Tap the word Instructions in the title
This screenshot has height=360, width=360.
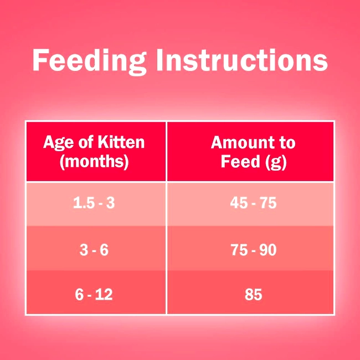[x=242, y=60]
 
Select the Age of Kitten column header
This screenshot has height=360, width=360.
[x=96, y=152]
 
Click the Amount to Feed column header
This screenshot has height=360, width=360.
[x=250, y=152]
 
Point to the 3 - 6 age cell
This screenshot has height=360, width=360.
[x=96, y=248]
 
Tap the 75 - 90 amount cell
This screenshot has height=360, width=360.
[x=250, y=248]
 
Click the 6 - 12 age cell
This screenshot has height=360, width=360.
[x=96, y=292]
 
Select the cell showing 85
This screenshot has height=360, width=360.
[x=250, y=292]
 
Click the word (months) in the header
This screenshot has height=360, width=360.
[x=94, y=161]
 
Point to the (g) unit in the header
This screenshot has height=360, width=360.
[x=276, y=162]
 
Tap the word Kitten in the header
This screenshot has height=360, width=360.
[x=121, y=142]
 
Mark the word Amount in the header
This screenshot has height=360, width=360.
[x=239, y=142]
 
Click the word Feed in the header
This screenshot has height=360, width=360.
[x=240, y=161]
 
